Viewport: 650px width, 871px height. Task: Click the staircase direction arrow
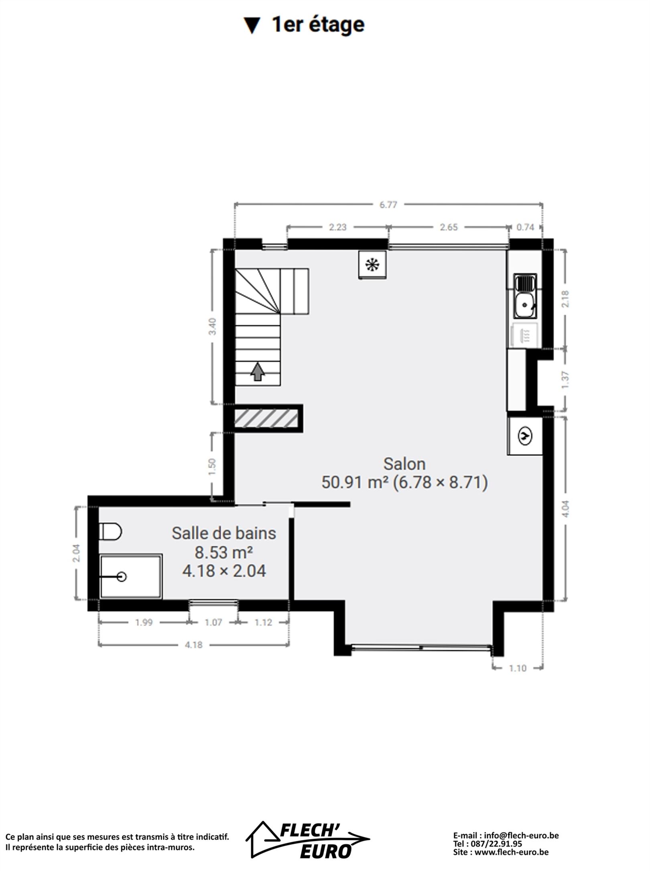[258, 371]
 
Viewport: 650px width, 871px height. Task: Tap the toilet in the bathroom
[110, 532]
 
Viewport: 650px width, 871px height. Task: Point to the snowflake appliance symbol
[372, 265]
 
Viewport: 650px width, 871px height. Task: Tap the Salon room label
[404, 464]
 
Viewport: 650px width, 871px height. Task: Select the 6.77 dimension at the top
[388, 205]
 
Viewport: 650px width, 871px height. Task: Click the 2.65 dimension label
[449, 227]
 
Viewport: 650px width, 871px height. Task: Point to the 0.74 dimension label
[525, 227]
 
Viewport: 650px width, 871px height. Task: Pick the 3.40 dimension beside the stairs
[213, 326]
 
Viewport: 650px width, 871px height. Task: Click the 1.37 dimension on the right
[565, 379]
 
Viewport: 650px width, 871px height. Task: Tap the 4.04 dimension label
[565, 508]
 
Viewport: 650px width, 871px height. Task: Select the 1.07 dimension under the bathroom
[213, 622]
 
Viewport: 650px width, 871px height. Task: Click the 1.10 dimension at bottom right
[518, 668]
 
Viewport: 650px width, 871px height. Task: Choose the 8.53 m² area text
[223, 553]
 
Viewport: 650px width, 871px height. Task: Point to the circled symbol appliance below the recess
[525, 436]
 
